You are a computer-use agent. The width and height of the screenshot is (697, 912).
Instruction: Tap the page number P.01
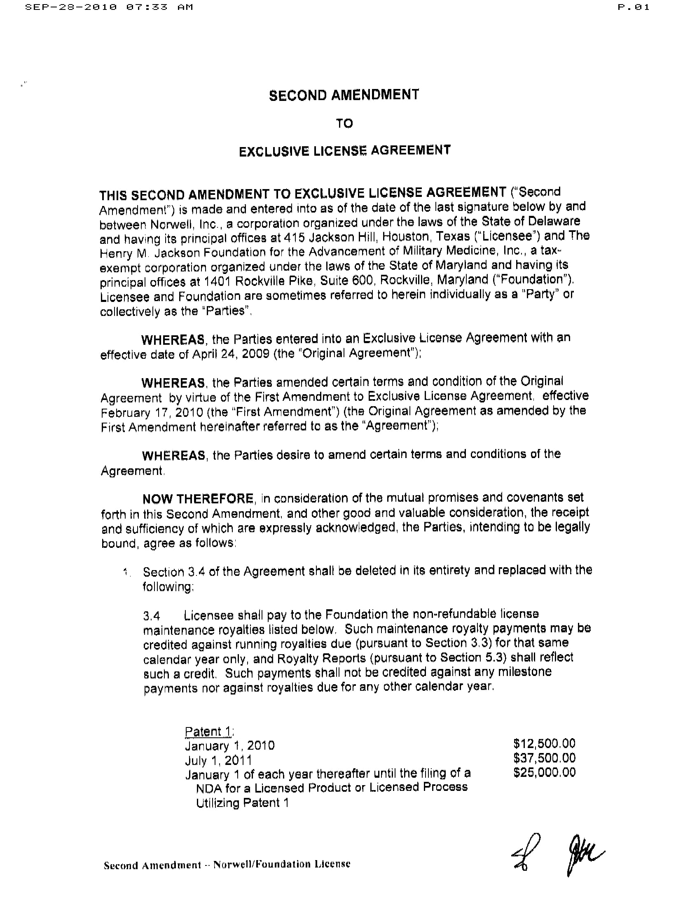tap(634, 7)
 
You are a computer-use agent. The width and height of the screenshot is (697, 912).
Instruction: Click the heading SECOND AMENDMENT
tap(344, 95)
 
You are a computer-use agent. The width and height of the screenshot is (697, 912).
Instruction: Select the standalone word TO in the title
tap(344, 123)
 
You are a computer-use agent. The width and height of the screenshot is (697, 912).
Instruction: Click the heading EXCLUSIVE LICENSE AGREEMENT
tap(344, 151)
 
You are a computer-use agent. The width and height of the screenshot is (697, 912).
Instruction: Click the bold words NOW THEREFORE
tap(198, 498)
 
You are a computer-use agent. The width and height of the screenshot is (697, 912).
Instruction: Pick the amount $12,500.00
tap(544, 743)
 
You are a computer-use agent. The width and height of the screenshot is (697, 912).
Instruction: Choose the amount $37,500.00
tap(544, 758)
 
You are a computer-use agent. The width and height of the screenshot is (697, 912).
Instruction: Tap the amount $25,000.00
tap(544, 772)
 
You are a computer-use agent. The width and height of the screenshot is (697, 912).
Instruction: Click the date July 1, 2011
tap(218, 760)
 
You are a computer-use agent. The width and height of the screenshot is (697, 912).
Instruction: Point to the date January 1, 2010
tap(229, 746)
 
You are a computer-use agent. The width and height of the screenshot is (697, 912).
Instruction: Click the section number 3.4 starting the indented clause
tap(152, 616)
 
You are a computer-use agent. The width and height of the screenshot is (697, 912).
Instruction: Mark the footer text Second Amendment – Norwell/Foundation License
tap(227, 865)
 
